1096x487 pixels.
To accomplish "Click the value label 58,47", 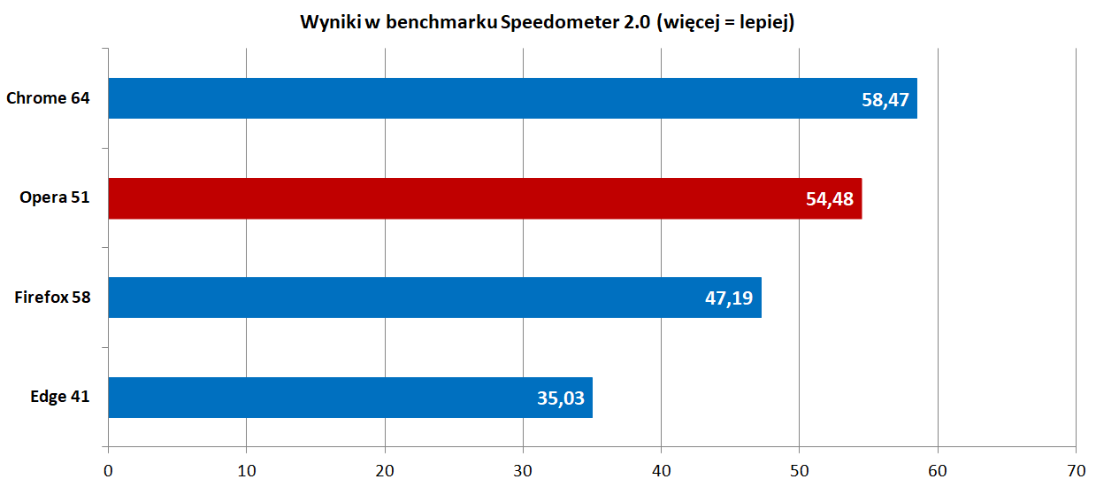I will [x=885, y=99].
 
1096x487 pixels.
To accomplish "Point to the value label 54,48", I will [x=830, y=199].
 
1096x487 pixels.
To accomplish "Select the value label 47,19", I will [x=729, y=298].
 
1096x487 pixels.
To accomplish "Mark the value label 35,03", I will [x=561, y=398].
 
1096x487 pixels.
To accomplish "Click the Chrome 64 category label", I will [x=48, y=98].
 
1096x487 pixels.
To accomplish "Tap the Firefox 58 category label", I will [x=52, y=298].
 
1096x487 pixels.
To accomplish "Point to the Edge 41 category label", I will [x=59, y=398].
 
